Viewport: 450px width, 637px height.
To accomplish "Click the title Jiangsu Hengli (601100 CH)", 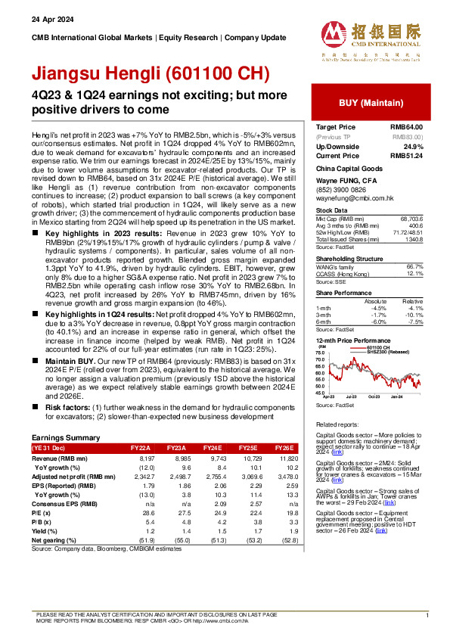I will [150, 74].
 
